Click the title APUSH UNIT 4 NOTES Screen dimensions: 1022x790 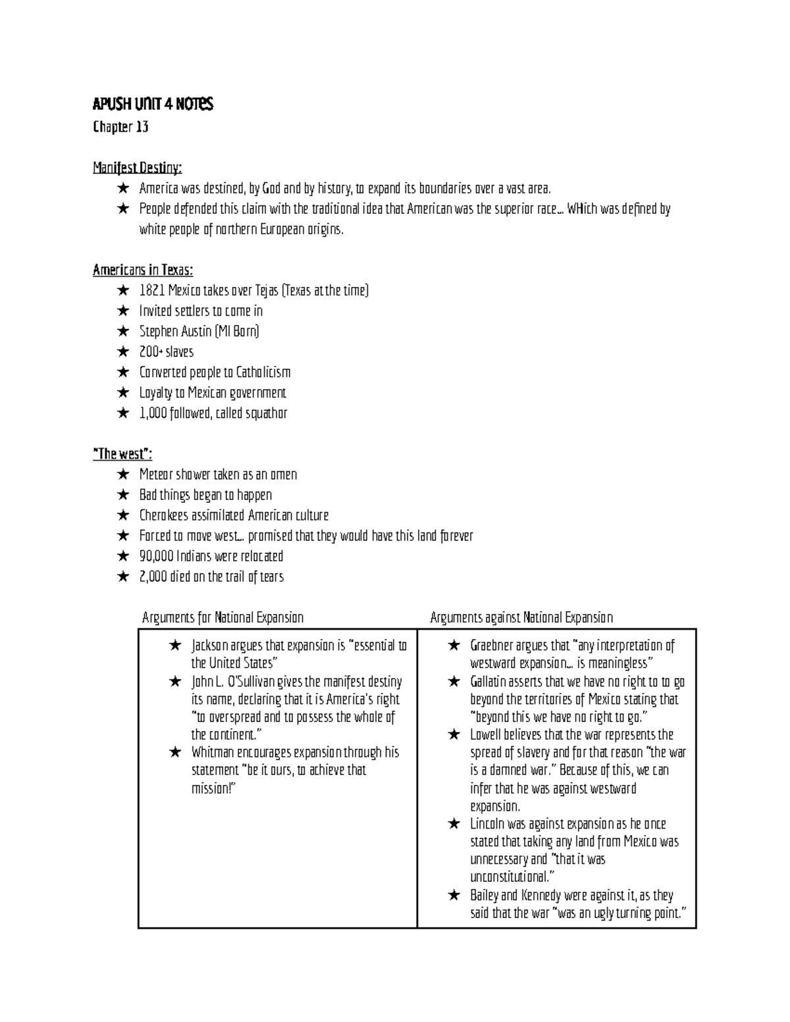153,104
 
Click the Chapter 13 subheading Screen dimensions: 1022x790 120,127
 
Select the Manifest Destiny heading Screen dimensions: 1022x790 137,168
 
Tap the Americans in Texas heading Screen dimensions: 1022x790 143,270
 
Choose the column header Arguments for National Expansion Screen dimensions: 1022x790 223,618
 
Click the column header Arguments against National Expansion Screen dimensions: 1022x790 521,618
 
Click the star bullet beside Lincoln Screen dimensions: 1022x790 454,824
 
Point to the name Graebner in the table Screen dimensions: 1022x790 492,646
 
